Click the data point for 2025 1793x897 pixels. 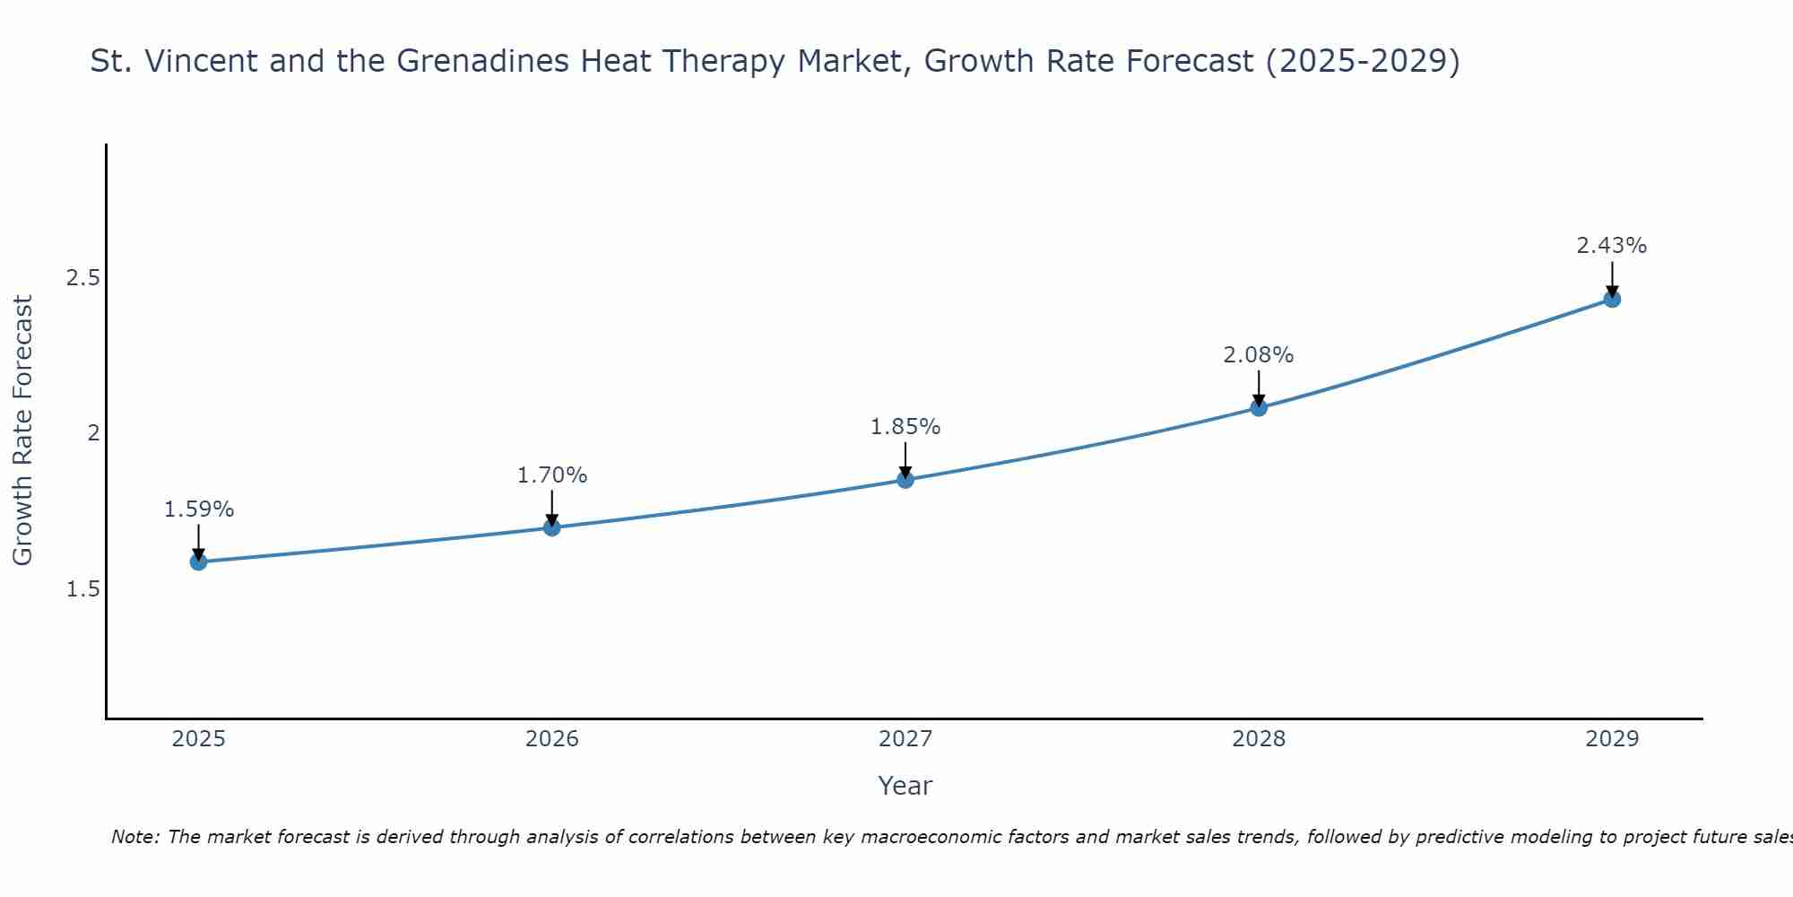point(198,562)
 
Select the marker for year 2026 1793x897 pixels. point(552,527)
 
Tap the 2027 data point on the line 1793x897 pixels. point(905,480)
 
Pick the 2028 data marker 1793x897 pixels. point(1259,408)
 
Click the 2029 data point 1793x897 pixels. point(1612,299)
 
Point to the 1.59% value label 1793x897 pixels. point(199,509)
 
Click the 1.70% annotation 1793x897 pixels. point(552,475)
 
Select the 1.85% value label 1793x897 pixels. point(905,427)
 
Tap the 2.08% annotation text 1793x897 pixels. point(1259,355)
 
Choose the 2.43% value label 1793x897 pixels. point(1612,246)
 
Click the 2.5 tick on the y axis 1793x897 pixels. point(82,278)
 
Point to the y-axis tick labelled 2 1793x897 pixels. point(92,433)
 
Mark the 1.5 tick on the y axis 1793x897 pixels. point(82,589)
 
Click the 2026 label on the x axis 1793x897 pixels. point(552,739)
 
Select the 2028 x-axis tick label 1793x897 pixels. point(1259,739)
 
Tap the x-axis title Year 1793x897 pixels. point(905,786)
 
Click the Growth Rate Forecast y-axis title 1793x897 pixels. point(22,431)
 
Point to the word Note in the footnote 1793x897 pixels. point(134,837)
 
